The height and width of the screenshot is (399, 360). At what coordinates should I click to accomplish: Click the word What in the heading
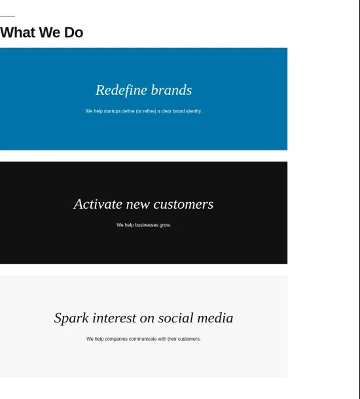[x=18, y=33]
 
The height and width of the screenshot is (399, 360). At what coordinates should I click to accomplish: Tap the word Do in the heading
[x=73, y=33]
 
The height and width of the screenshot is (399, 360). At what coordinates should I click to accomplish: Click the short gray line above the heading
[x=7, y=16]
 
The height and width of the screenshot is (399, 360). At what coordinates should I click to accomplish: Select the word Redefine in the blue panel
[x=122, y=90]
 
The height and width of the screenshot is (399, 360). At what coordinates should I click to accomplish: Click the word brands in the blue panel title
[x=171, y=90]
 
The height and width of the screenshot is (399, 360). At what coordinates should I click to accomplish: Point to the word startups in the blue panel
[x=112, y=111]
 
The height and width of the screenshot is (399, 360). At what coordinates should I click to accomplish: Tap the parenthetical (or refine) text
[x=146, y=111]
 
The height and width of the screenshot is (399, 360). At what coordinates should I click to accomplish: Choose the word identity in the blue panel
[x=194, y=111]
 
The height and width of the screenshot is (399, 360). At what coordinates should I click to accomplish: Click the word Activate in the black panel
[x=98, y=204]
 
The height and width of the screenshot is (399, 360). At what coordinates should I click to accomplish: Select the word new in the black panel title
[x=137, y=205]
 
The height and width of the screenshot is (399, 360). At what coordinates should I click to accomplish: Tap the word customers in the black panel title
[x=183, y=204]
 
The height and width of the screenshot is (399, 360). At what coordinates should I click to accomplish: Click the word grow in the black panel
[x=165, y=226]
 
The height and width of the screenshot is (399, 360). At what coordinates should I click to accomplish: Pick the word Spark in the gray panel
[x=71, y=319]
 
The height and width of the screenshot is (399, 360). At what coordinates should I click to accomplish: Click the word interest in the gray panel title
[x=115, y=318]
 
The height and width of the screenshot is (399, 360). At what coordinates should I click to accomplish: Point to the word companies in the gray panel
[x=116, y=339]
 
